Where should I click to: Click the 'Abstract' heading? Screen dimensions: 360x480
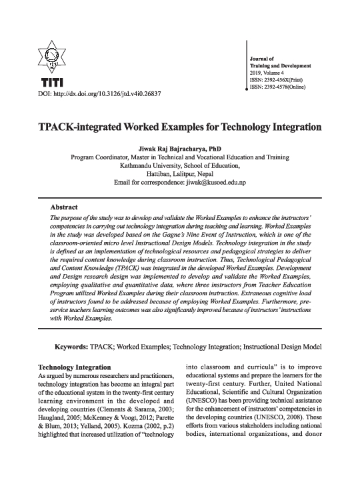tap(65, 207)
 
